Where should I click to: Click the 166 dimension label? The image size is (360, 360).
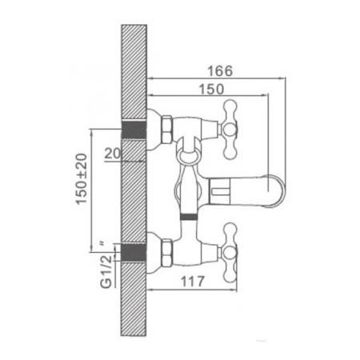tap(220, 71)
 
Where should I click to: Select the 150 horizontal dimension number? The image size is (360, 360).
tap(212, 89)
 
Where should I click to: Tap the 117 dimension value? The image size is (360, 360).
tap(193, 281)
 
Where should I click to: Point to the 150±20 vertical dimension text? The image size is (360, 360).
tap(82, 179)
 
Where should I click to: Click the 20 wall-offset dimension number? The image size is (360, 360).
tap(113, 154)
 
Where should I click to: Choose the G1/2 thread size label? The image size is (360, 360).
tap(106, 272)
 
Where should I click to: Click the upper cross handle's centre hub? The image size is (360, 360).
tap(230, 130)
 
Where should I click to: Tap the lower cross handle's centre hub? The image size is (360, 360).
tap(230, 253)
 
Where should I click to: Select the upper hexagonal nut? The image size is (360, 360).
tap(167, 130)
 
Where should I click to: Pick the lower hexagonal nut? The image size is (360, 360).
tap(167, 253)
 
